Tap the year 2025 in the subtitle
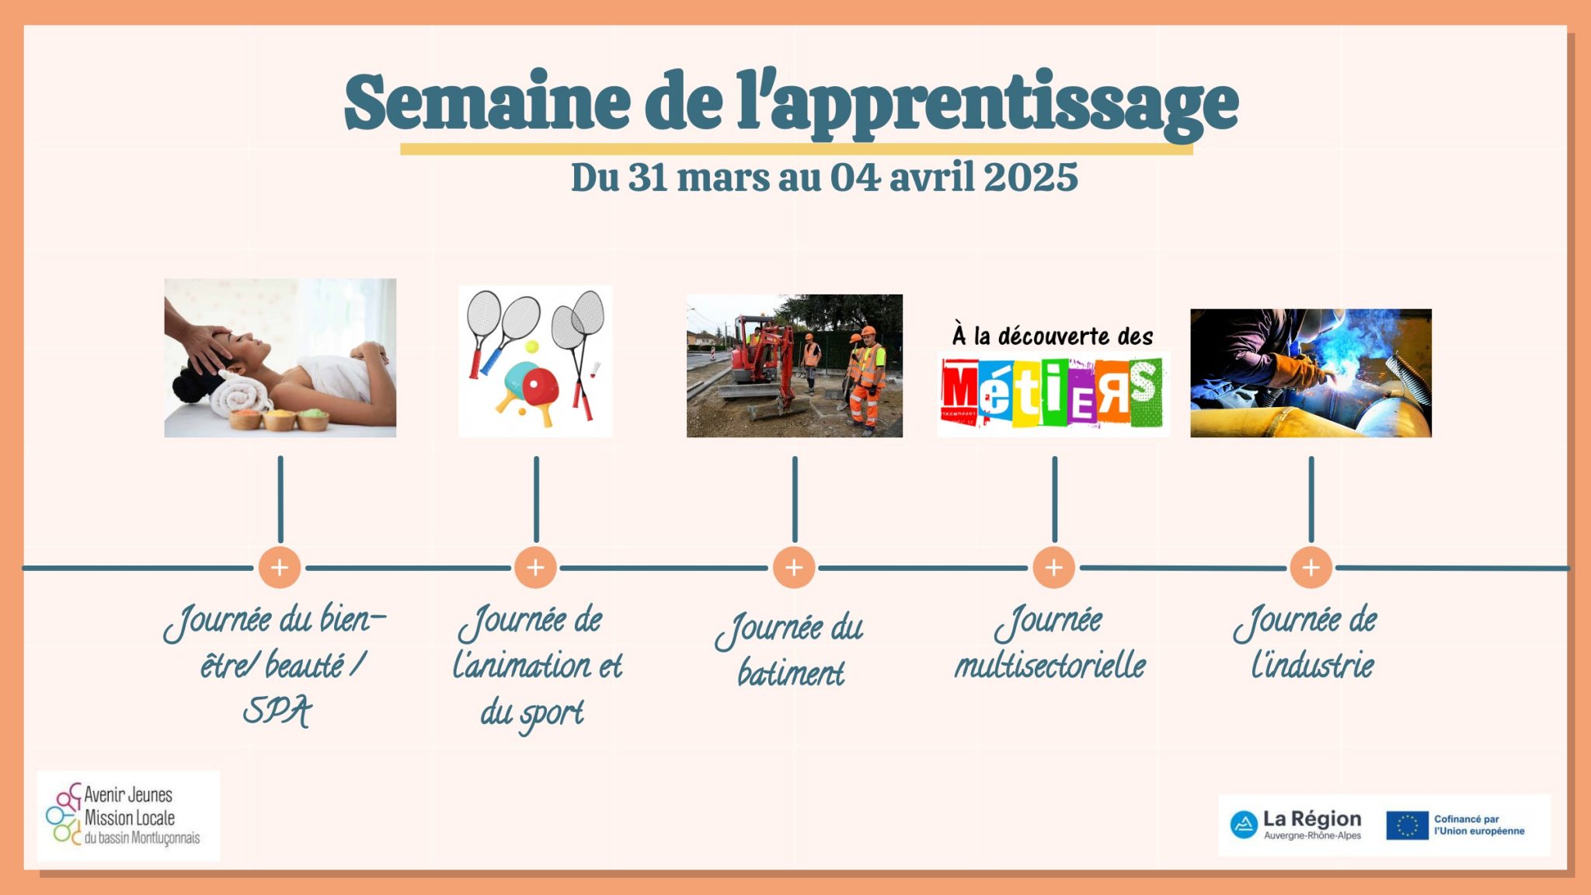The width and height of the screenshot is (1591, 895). click(1030, 177)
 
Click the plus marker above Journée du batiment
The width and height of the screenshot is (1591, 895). click(794, 567)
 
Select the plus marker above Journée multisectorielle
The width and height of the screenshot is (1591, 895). click(1054, 567)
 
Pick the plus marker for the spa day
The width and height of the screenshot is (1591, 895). click(280, 567)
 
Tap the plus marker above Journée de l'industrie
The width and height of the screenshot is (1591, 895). click(1311, 567)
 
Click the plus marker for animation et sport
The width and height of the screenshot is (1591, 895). click(535, 567)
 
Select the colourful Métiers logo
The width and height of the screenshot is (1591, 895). click(1053, 392)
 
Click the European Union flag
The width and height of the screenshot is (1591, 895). click(1407, 825)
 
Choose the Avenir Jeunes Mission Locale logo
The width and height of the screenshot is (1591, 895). click(128, 815)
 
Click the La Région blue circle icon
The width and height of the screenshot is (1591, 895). click(1244, 824)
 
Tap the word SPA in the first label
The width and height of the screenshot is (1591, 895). click(277, 711)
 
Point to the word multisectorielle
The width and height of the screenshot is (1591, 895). click(1050, 665)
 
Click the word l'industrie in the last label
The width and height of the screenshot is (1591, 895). click(1312, 665)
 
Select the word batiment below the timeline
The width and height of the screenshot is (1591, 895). click(791, 673)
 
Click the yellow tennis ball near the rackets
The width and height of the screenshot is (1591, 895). click(531, 347)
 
